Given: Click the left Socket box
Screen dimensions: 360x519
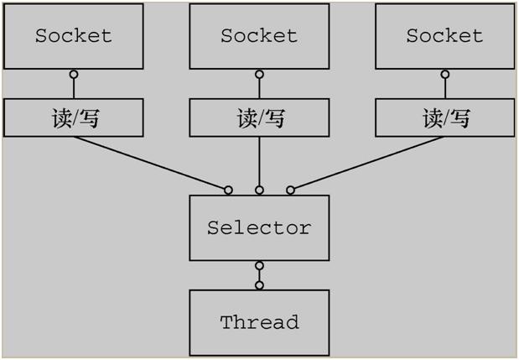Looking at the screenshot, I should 74,36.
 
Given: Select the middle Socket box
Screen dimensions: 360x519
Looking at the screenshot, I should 259,36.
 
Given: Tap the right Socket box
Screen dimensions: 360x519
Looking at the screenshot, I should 444,36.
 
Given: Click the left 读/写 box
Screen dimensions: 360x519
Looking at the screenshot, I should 74,118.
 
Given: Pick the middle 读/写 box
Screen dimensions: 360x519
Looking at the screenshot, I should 259,118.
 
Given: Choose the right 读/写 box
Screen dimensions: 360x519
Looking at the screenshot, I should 444,118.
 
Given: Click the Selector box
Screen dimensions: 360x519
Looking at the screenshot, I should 259,227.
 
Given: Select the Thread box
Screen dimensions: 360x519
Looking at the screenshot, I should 259,322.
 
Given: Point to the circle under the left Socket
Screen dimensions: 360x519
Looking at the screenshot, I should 74,75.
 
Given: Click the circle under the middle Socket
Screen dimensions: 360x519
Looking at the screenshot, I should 259,75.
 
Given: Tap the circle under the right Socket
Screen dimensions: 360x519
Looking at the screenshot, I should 444,75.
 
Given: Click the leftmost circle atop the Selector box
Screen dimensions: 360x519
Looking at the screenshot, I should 228,190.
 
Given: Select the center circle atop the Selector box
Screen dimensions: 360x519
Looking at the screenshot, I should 259,190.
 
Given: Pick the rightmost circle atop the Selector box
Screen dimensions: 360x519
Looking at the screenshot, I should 291,190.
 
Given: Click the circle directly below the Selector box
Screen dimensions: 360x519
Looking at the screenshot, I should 259,266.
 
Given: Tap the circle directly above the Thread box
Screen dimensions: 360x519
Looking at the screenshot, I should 259,285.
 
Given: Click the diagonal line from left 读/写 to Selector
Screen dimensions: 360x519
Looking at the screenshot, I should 151,163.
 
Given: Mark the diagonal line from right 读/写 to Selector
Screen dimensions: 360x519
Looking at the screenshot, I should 367,163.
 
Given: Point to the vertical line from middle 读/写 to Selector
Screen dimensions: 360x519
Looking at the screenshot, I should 259,161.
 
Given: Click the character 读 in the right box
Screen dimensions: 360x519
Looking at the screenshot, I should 433,118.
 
